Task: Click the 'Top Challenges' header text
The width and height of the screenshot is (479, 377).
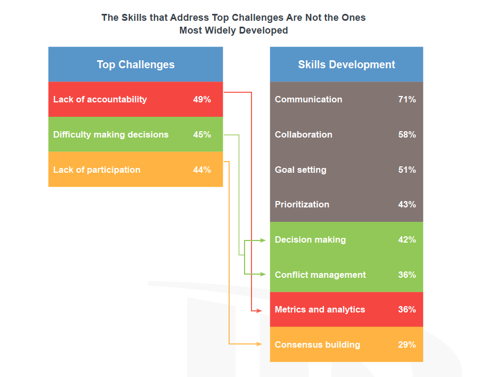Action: tap(136, 65)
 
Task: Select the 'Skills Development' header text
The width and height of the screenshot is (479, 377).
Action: tap(346, 65)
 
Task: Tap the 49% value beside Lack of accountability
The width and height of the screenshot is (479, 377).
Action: tap(202, 99)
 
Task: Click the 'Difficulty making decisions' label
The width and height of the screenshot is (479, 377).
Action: tap(111, 135)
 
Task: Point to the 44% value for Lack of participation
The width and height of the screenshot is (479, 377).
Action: tap(202, 170)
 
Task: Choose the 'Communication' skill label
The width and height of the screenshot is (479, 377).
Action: tap(308, 99)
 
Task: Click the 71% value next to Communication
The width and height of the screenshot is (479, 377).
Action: tap(407, 99)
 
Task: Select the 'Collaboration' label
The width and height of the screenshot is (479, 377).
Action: tap(303, 134)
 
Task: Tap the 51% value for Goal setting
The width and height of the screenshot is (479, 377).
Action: tap(407, 170)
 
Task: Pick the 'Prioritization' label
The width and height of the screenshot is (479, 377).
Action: tap(302, 204)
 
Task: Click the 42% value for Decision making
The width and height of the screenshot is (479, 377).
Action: tap(407, 239)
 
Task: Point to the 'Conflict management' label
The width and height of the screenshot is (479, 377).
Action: tap(320, 275)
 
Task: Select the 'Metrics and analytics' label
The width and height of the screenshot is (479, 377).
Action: tap(320, 310)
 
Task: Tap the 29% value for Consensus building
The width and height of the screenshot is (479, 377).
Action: tap(407, 344)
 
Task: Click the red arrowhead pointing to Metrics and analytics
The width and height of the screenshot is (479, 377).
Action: tap(259, 311)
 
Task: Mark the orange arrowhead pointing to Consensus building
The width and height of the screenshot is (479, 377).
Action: tap(259, 344)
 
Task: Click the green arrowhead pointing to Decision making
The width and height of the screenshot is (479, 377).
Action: tap(263, 240)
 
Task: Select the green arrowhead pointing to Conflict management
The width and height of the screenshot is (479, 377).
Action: tap(263, 274)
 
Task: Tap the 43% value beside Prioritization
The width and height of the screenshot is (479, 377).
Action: tap(407, 204)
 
